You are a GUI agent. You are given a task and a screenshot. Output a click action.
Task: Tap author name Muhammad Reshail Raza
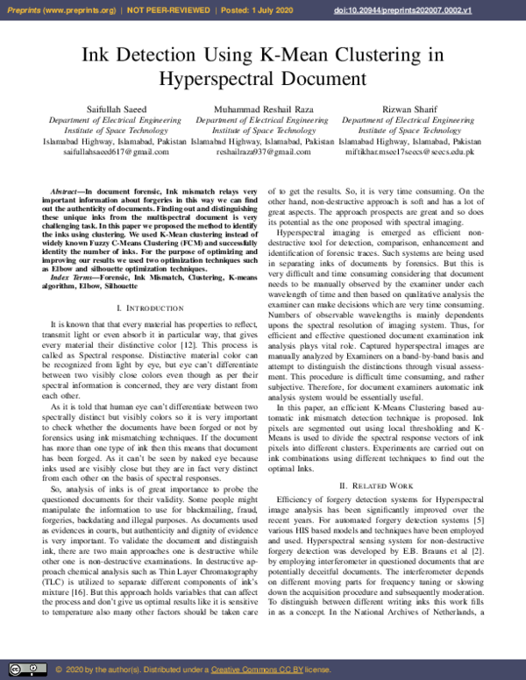click(x=262, y=108)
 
